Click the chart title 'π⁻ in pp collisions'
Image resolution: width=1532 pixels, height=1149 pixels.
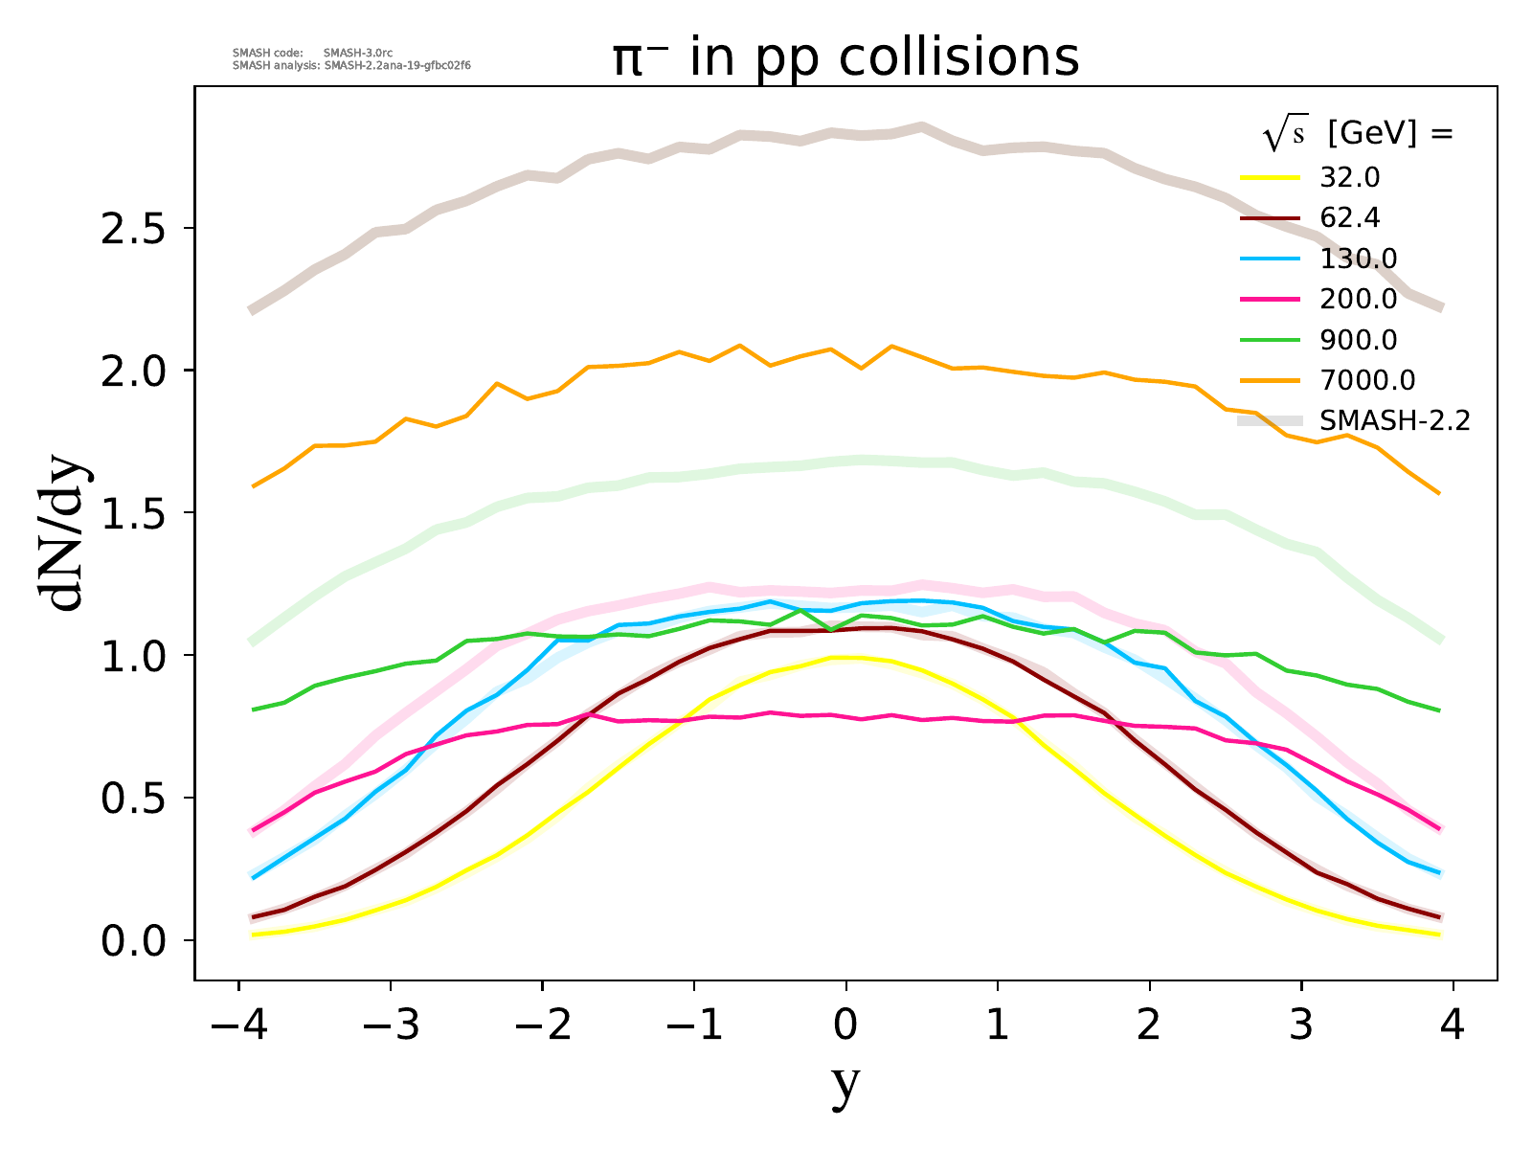tap(846, 57)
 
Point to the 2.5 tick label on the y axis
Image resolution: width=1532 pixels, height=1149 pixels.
tap(134, 229)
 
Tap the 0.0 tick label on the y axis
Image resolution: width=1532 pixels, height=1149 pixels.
tap(134, 941)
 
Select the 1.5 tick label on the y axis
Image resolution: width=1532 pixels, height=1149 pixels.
tap(134, 513)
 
